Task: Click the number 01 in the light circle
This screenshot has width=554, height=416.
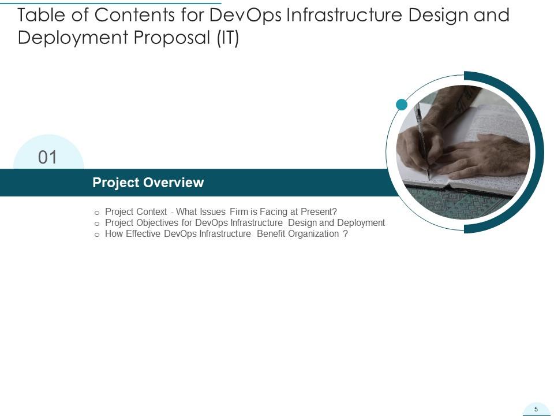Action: point(48,157)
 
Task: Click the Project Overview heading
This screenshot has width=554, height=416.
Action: point(148,183)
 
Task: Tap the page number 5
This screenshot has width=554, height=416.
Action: point(536,409)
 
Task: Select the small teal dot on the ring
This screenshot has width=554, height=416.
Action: point(402,105)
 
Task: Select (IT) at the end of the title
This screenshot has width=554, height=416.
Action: point(227,38)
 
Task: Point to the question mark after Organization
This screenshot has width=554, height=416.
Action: point(345,234)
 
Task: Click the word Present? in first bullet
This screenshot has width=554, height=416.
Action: point(318,211)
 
